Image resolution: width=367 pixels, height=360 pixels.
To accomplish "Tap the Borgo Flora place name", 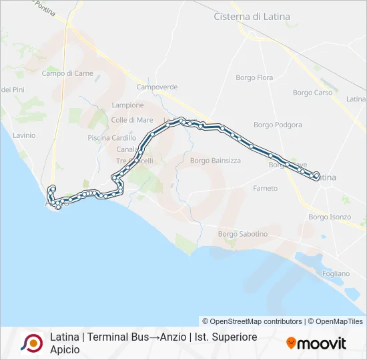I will (x=254, y=78).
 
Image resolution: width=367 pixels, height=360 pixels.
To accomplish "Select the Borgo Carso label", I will (x=312, y=93).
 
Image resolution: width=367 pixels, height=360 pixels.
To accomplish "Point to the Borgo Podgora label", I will (x=278, y=125).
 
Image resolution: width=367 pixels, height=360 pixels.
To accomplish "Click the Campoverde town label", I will (x=157, y=87).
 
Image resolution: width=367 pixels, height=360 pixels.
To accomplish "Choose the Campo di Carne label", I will (x=67, y=73).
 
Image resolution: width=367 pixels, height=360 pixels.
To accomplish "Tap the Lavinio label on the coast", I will (x=23, y=135).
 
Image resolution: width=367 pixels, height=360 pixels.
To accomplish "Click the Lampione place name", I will (x=127, y=105).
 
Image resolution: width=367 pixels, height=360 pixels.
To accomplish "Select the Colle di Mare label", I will (x=132, y=120).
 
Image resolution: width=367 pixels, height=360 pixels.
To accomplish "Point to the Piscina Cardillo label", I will (x=111, y=138).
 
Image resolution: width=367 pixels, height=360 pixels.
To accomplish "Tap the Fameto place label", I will (x=265, y=189).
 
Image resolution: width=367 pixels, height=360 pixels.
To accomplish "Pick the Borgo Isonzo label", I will (x=330, y=217).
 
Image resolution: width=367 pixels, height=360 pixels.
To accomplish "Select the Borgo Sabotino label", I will (x=243, y=234).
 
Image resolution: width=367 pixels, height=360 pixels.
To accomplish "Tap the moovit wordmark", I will (x=322, y=344).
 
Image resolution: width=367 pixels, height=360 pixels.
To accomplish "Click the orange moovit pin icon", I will (x=291, y=343).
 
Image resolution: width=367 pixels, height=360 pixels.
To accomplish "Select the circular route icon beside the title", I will (x=31, y=343).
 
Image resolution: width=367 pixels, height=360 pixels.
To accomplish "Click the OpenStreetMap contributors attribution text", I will (x=252, y=321).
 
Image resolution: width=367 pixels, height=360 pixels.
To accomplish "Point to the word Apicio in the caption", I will (x=65, y=349).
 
